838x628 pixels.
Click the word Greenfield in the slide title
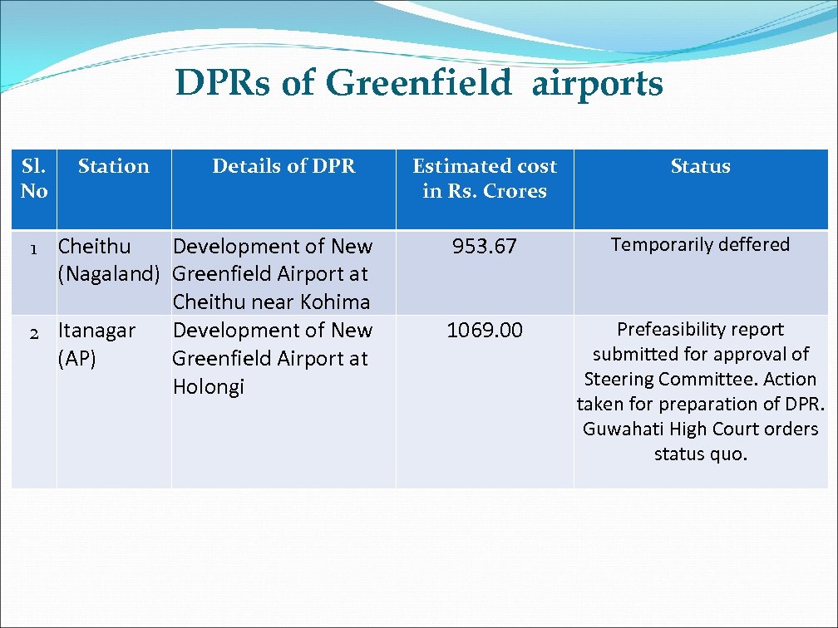pyautogui.click(x=418, y=84)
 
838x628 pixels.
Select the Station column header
pyautogui.click(x=113, y=166)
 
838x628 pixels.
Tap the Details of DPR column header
pyautogui.click(x=283, y=166)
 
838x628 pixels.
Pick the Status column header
pyautogui.click(x=700, y=166)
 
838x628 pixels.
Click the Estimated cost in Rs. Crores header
pyautogui.click(x=485, y=179)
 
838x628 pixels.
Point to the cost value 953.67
pyautogui.click(x=485, y=247)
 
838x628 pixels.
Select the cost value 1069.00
pyautogui.click(x=485, y=331)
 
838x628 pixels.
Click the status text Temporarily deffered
pyautogui.click(x=700, y=245)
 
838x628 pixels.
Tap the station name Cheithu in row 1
pyautogui.click(x=94, y=247)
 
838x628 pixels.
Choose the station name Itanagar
pyautogui.click(x=96, y=331)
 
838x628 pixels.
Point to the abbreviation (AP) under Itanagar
pyautogui.click(x=77, y=359)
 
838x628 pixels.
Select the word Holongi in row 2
pyautogui.click(x=209, y=387)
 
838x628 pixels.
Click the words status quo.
pyautogui.click(x=700, y=454)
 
